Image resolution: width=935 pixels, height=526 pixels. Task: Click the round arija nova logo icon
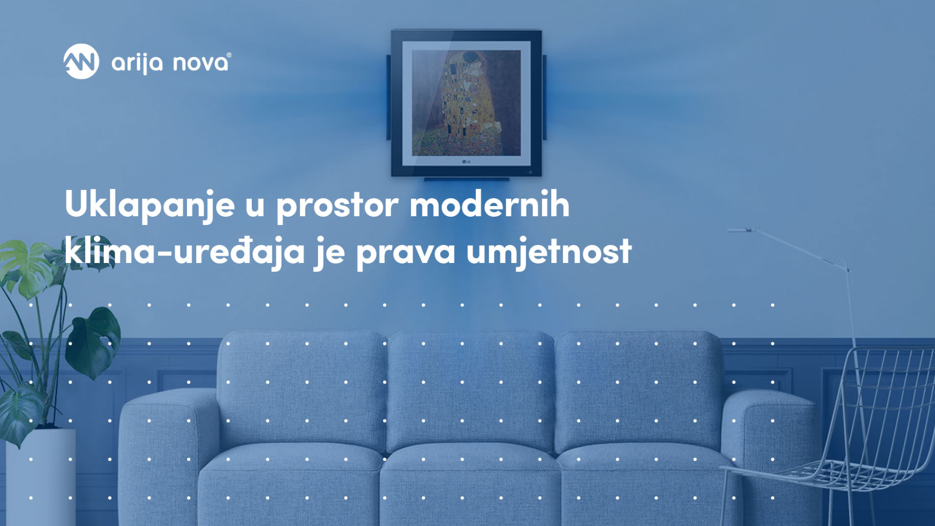81,62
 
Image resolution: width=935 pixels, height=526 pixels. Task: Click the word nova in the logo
200,63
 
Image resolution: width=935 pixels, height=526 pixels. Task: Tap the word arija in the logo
137,64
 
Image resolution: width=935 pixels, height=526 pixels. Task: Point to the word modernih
490,204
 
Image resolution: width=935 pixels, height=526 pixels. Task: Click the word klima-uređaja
184,251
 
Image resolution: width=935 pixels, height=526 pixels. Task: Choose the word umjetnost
549,251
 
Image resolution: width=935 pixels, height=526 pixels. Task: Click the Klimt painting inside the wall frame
466,103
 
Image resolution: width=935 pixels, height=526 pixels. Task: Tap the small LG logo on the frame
466,162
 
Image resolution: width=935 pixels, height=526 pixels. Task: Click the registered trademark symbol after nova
229,55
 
